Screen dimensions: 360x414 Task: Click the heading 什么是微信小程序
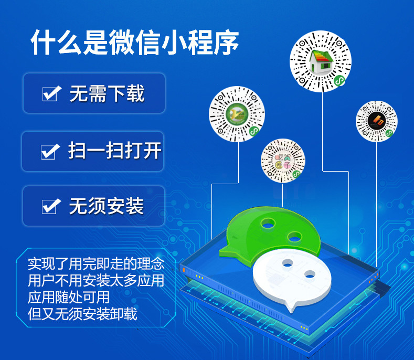coord(135,43)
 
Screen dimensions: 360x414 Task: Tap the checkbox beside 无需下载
coord(50,94)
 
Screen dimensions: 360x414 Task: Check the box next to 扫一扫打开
coord(49,152)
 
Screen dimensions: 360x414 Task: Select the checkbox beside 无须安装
coord(49,207)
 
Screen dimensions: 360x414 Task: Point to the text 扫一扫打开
coord(114,151)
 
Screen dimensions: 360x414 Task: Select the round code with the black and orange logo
coord(377,121)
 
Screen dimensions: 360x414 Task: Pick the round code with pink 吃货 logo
coord(283,161)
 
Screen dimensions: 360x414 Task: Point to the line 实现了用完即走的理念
coord(96,262)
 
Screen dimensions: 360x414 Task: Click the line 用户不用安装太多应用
coord(96,280)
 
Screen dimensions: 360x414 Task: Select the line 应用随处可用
coord(69,297)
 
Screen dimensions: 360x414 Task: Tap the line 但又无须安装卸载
coord(82,314)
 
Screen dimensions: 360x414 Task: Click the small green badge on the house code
coord(340,81)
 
